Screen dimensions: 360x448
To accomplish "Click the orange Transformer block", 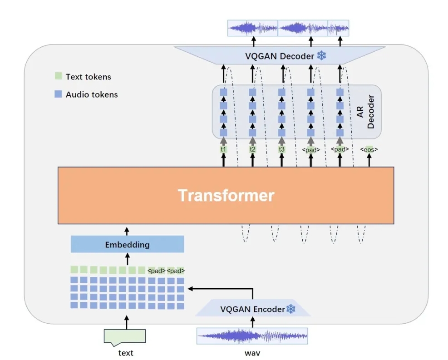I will [226, 195].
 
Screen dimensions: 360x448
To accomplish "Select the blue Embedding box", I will [127, 245].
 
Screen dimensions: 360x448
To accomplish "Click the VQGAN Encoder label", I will [252, 309].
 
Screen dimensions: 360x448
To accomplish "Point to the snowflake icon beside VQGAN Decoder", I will [322, 56].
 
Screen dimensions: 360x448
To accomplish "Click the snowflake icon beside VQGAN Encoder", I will [290, 309].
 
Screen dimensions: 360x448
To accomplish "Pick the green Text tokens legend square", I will [58, 77].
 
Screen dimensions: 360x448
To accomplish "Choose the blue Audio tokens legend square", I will [58, 94].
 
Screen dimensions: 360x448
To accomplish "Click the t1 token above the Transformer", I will [223, 149].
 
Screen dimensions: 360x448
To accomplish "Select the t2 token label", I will [252, 149].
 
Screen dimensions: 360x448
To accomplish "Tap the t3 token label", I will [281, 149].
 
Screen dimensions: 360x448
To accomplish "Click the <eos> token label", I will [369, 149].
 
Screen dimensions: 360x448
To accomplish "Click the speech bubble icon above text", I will [125, 336].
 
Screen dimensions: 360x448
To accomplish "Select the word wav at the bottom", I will [252, 353].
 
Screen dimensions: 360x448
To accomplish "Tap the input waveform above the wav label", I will [252, 336].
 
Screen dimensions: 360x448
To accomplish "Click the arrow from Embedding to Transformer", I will [127, 231].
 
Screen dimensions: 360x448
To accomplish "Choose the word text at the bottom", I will [126, 353].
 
